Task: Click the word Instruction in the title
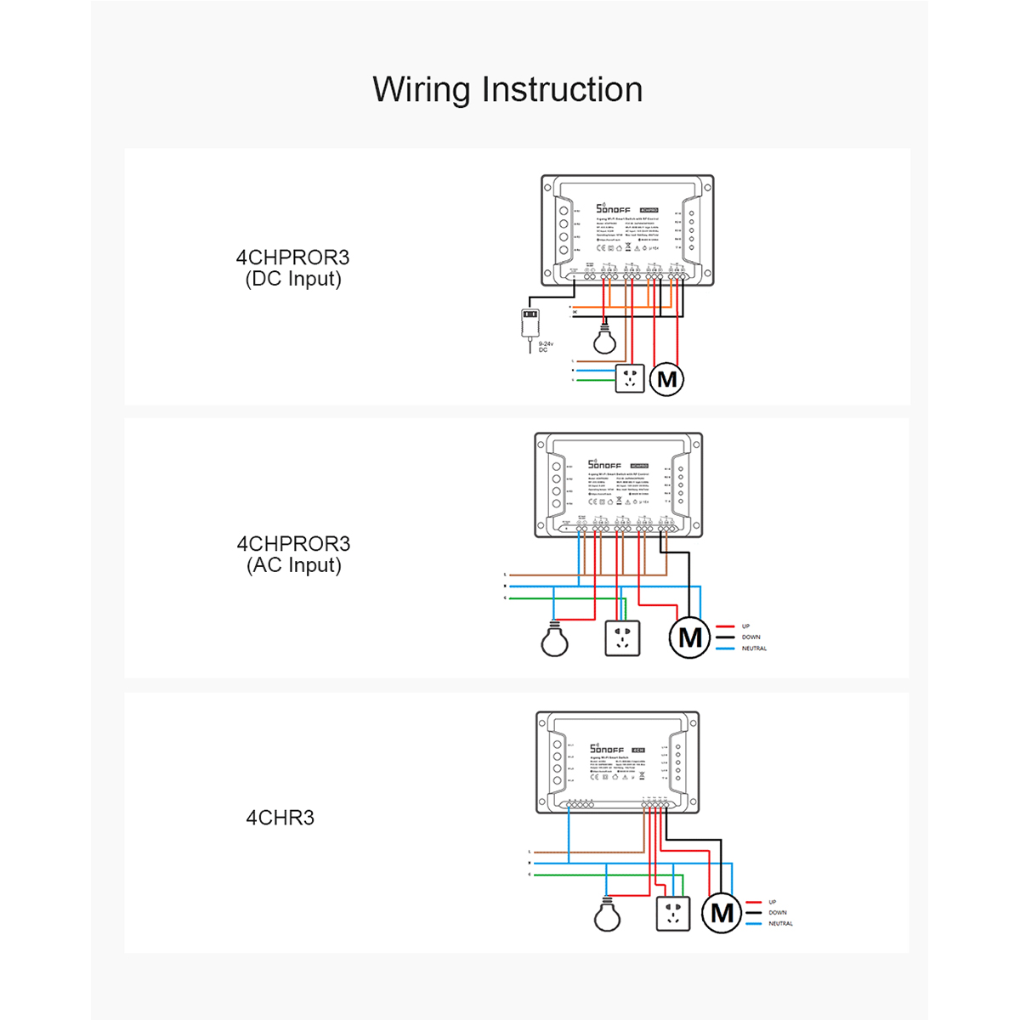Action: [562, 90]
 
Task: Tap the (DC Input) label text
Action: [293, 280]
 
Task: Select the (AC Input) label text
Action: [294, 565]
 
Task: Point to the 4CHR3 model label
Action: [280, 818]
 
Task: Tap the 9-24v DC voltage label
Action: [545, 347]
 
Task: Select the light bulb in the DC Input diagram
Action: [604, 340]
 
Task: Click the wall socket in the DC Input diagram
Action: [630, 377]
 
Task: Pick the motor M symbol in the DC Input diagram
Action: [667, 379]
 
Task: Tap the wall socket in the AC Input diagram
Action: [622, 637]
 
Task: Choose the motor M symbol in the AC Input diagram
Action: [690, 637]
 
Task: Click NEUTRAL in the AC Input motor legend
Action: [754, 649]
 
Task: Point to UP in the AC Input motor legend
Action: [745, 626]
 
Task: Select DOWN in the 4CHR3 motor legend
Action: [778, 913]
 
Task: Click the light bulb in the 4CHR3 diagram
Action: [607, 915]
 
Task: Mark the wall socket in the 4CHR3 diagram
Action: [673, 913]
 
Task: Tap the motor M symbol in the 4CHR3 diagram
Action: [722, 913]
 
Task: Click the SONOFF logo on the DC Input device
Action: [613, 208]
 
